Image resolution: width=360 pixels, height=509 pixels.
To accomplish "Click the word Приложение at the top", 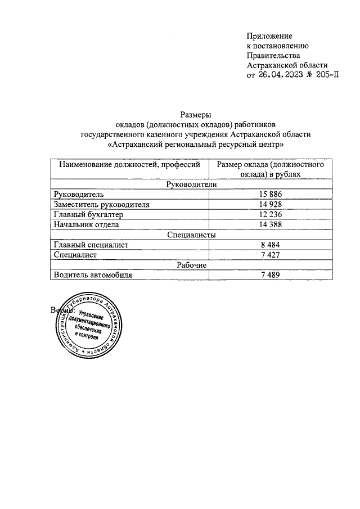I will (x=269, y=36).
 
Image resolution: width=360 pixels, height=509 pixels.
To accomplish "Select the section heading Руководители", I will (x=192, y=184).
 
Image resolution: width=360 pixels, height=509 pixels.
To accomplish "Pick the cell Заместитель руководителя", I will (x=101, y=204).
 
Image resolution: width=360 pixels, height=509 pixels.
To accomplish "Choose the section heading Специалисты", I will (x=192, y=235).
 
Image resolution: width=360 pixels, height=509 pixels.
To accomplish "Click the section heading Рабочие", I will (x=192, y=265).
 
